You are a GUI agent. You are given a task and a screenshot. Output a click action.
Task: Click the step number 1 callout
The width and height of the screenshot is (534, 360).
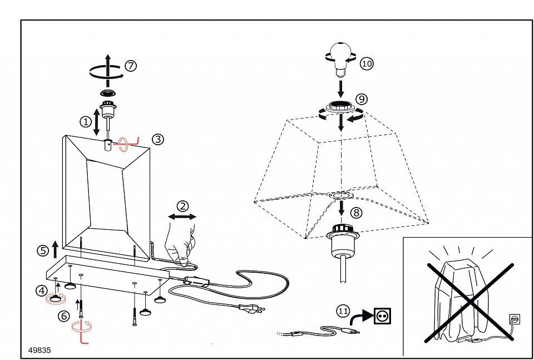(85, 121)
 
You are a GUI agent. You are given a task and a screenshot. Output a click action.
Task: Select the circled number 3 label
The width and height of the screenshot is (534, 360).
(158, 139)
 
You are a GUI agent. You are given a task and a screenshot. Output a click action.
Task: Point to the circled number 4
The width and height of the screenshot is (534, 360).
(42, 290)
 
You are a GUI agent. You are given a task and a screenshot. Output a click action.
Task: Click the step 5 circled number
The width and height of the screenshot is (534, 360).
(43, 250)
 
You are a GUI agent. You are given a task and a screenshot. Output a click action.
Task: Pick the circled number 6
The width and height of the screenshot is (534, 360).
(64, 315)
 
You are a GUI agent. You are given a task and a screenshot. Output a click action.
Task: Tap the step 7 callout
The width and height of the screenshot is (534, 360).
(130, 66)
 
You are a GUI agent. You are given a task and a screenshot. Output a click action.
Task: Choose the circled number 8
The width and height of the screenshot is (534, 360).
(357, 212)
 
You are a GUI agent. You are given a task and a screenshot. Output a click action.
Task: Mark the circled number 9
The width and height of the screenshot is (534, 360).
(361, 99)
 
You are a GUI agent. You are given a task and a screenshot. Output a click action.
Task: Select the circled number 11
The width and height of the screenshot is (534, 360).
(343, 311)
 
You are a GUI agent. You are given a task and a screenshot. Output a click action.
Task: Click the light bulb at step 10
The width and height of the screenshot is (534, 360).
(340, 58)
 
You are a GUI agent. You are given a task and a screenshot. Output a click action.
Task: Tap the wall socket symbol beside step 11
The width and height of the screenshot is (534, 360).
(382, 316)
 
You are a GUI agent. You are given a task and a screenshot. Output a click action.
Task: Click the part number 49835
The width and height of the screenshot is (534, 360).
(39, 351)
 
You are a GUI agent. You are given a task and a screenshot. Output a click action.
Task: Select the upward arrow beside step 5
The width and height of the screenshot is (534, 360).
(55, 246)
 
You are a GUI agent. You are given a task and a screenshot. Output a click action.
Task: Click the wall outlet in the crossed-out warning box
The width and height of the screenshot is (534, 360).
(514, 320)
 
